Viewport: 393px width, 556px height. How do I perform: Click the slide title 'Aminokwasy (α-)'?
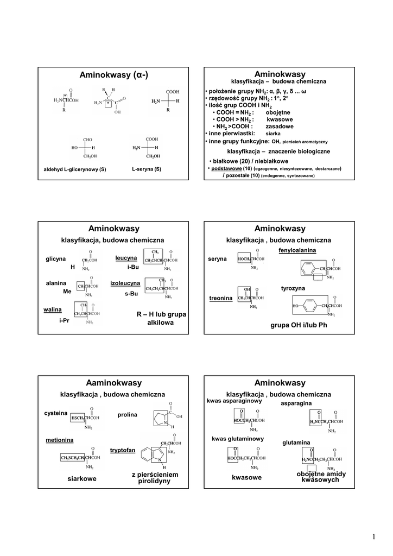(x=113, y=75)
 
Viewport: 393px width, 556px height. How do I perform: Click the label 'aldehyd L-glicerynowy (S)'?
(x=75, y=169)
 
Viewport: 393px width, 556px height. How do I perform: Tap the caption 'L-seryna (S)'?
(x=147, y=169)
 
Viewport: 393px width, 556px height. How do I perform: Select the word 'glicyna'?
(x=55, y=258)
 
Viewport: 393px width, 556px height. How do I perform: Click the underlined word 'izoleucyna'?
(x=125, y=283)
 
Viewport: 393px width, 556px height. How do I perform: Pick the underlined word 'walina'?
(x=53, y=309)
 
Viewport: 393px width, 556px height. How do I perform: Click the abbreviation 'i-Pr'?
(x=65, y=320)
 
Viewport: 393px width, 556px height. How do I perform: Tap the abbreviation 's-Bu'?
(x=131, y=294)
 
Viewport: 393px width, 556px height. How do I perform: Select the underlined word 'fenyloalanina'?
(x=297, y=250)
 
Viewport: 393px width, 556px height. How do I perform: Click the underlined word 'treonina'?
(x=221, y=298)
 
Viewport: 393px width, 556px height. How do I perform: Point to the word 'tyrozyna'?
(x=293, y=288)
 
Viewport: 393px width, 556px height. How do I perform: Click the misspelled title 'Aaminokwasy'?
(x=113, y=383)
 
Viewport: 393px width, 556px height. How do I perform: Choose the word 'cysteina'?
(x=56, y=413)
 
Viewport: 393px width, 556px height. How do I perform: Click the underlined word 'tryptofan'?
(x=123, y=450)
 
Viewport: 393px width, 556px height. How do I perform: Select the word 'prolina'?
(x=128, y=415)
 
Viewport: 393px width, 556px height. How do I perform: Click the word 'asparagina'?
(x=296, y=403)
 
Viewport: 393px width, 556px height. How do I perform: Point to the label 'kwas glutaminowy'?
(x=238, y=438)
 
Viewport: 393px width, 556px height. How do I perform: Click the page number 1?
(x=374, y=538)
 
